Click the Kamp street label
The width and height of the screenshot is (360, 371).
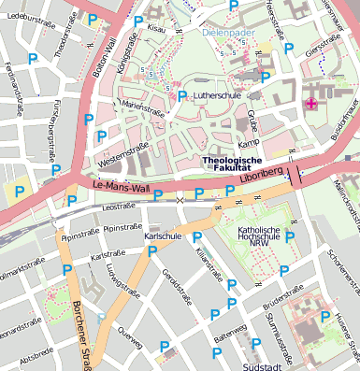pyautogui.click(x=249, y=144)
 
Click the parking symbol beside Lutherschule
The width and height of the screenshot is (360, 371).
pyautogui.click(x=181, y=96)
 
